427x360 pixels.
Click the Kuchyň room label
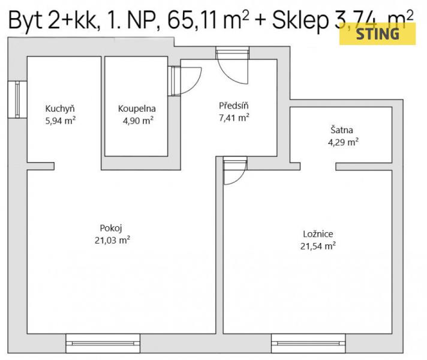(x=60, y=109)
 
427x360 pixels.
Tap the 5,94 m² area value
(x=61, y=121)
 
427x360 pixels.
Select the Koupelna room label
(x=137, y=109)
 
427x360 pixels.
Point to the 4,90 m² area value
(x=138, y=121)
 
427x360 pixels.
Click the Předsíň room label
(x=234, y=106)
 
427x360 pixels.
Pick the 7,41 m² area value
(x=234, y=118)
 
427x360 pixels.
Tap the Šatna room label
(x=342, y=130)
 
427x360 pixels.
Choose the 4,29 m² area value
(x=343, y=142)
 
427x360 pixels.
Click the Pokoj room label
(x=111, y=228)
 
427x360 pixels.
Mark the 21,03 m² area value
(x=112, y=241)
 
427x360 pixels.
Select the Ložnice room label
(x=318, y=234)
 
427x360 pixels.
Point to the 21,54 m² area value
(x=318, y=246)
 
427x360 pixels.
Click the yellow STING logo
(x=377, y=34)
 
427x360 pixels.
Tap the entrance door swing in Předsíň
(x=228, y=76)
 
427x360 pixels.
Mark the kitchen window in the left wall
(x=17, y=100)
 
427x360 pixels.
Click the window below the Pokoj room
(x=103, y=343)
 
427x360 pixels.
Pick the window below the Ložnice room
(x=308, y=343)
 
